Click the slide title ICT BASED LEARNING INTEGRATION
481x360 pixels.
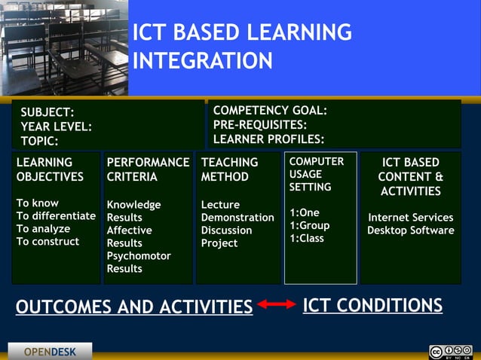tap(241, 46)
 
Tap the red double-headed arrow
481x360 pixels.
tap(277, 305)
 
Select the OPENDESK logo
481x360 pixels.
tap(50, 352)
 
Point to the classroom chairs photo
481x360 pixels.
tap(64, 47)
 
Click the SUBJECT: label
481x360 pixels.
tap(47, 112)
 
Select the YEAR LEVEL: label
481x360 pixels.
tap(56, 127)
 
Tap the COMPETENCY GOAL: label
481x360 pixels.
tap(270, 110)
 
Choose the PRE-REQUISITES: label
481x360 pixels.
tap(260, 124)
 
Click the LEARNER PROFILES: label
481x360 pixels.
tap(268, 139)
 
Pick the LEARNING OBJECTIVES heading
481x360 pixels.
tap(50, 169)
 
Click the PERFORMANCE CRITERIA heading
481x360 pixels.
tap(148, 169)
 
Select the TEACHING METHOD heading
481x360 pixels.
tap(229, 169)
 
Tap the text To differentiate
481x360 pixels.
tap(56, 216)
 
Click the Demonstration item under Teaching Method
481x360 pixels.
tap(237, 218)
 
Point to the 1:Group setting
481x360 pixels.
tap(310, 225)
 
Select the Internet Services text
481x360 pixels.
tap(410, 218)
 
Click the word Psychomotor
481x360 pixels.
tap(139, 256)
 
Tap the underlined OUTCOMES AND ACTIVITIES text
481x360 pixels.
tap(134, 307)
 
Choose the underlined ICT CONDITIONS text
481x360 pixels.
tap(372, 305)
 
